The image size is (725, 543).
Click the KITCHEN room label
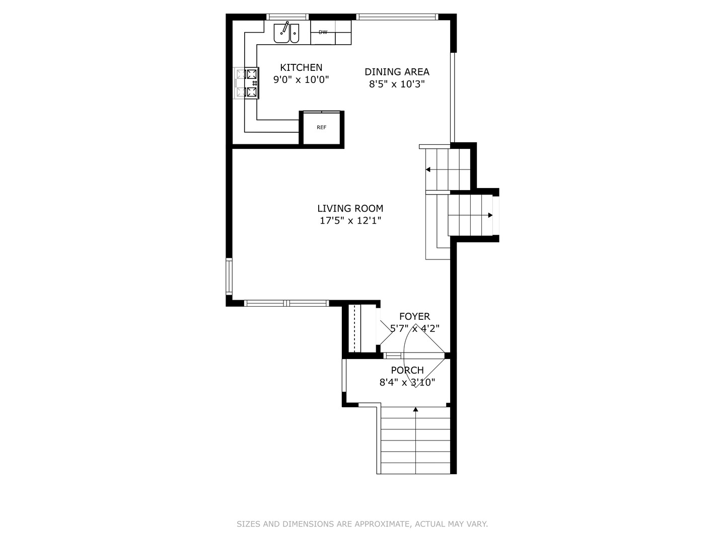point(301,67)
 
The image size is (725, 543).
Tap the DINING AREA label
point(397,72)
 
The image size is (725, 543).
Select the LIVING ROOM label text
point(350,208)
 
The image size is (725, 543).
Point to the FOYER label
point(414,316)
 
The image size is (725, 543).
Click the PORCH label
point(407,370)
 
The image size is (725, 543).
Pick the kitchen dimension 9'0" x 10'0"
point(301,79)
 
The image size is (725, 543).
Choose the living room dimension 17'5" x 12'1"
point(350,220)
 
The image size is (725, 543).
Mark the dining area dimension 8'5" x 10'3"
point(397,84)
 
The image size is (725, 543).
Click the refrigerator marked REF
point(322,128)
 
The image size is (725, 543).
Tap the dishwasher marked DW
point(323,32)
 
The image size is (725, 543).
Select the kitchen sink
point(286,33)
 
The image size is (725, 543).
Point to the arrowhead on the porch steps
point(415,410)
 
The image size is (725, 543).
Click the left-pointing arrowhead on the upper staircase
point(428,169)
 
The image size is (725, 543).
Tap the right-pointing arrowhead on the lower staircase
point(490,215)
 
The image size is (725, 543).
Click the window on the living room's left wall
point(229,276)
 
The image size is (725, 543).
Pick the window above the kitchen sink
point(286,17)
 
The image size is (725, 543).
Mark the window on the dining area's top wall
point(397,17)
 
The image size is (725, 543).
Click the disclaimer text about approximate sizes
point(362,524)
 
